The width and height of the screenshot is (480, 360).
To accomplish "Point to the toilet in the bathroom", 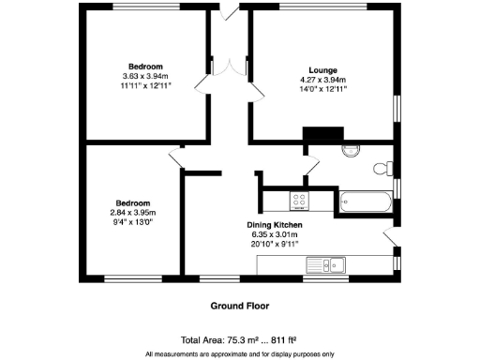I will click(x=382, y=169).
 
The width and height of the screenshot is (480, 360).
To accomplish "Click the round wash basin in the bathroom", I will click(x=352, y=150).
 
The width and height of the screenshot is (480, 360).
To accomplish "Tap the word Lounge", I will click(x=322, y=69).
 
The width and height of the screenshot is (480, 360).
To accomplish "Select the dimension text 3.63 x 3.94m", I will click(x=143, y=77).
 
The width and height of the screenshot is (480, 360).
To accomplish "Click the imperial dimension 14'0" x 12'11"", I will click(x=322, y=90).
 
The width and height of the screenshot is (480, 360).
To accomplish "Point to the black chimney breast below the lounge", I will click(x=321, y=135).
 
